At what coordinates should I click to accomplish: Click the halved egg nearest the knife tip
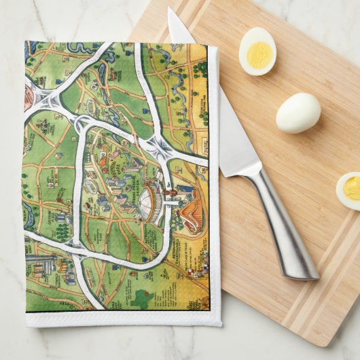(x=257, y=51)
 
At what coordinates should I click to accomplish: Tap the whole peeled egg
(x=298, y=112)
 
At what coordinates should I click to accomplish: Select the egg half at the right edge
(x=349, y=190)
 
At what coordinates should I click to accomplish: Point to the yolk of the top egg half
(x=259, y=55)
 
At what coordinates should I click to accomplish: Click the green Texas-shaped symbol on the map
(x=141, y=297)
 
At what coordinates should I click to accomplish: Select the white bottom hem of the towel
(x=122, y=318)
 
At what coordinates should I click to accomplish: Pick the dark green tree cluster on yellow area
(x=200, y=69)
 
